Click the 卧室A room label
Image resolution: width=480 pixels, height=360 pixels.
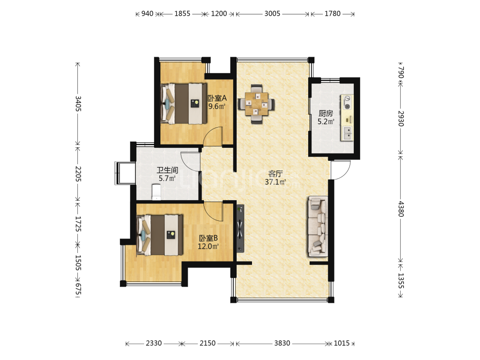coord(217,98)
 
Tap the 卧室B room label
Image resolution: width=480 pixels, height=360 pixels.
coord(208,238)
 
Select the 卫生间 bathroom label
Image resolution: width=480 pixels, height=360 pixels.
coord(167,170)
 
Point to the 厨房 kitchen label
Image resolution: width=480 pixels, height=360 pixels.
coord(326,114)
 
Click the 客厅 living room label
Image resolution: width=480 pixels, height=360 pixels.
coord(275,174)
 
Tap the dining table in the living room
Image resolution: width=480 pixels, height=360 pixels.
coord(256,104)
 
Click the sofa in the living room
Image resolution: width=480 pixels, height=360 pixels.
coord(318,227)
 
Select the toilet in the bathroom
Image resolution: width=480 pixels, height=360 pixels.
coord(156,192)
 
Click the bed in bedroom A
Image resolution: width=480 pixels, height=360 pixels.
coord(183,104)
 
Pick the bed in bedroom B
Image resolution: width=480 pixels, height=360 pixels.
coord(160,235)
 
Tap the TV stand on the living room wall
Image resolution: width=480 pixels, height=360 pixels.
coord(240,228)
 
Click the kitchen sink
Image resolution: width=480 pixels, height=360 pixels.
coord(347,133)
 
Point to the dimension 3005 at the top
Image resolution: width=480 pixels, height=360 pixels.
coord(272,13)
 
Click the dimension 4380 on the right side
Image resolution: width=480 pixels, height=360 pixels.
coord(401,209)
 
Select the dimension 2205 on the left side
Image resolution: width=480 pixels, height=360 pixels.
coord(78,174)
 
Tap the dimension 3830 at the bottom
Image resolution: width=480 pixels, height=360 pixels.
coord(282,343)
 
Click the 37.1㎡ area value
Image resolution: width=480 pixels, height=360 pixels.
coord(275,182)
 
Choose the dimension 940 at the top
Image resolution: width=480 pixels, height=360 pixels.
coord(147,13)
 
